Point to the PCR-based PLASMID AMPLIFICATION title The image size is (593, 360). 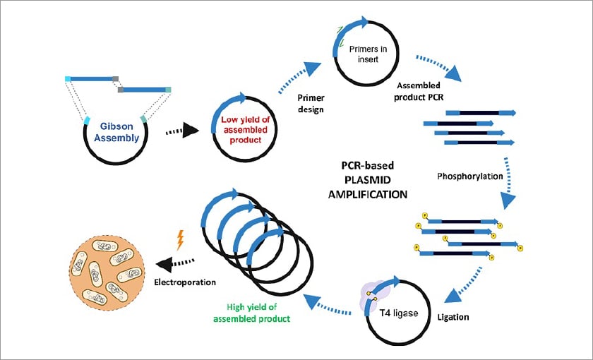click(x=369, y=180)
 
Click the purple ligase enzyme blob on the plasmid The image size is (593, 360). click(x=373, y=299)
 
